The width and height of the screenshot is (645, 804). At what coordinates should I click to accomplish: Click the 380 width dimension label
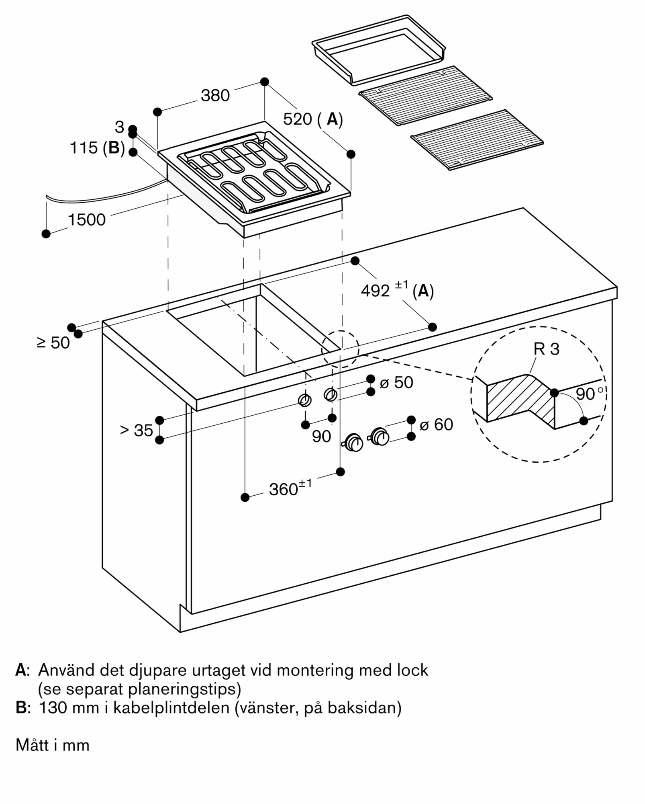pyautogui.click(x=215, y=96)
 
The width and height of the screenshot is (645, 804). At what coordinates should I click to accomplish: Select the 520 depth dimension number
pyautogui.click(x=298, y=119)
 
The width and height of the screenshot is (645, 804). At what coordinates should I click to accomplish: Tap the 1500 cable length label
pyautogui.click(x=86, y=220)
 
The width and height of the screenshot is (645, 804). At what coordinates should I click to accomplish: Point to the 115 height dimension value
pyautogui.click(x=84, y=148)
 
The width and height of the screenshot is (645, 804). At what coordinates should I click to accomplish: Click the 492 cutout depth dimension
pyautogui.click(x=375, y=291)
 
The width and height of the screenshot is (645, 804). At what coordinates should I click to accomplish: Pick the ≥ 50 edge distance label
pyautogui.click(x=53, y=343)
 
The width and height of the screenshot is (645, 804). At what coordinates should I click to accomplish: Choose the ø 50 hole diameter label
pyautogui.click(x=396, y=382)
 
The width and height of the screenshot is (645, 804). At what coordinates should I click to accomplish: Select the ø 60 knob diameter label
pyautogui.click(x=436, y=425)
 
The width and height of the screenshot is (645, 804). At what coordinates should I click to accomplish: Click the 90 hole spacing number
pyautogui.click(x=321, y=437)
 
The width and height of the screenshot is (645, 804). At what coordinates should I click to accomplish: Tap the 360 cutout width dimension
pyautogui.click(x=284, y=489)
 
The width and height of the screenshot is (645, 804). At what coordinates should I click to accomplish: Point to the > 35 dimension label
pyautogui.click(x=137, y=431)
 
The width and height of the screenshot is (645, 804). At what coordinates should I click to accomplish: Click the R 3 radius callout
pyautogui.click(x=546, y=349)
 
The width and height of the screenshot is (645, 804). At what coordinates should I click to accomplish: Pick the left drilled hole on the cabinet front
pyautogui.click(x=305, y=400)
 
